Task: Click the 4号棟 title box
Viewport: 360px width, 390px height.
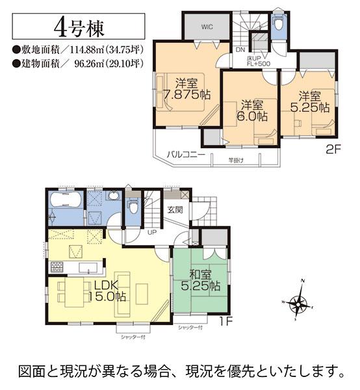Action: (80, 29)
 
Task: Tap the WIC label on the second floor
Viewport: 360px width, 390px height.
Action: (207, 27)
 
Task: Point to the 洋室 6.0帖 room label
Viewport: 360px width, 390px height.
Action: (251, 110)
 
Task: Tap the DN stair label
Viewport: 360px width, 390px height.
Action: (240, 49)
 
